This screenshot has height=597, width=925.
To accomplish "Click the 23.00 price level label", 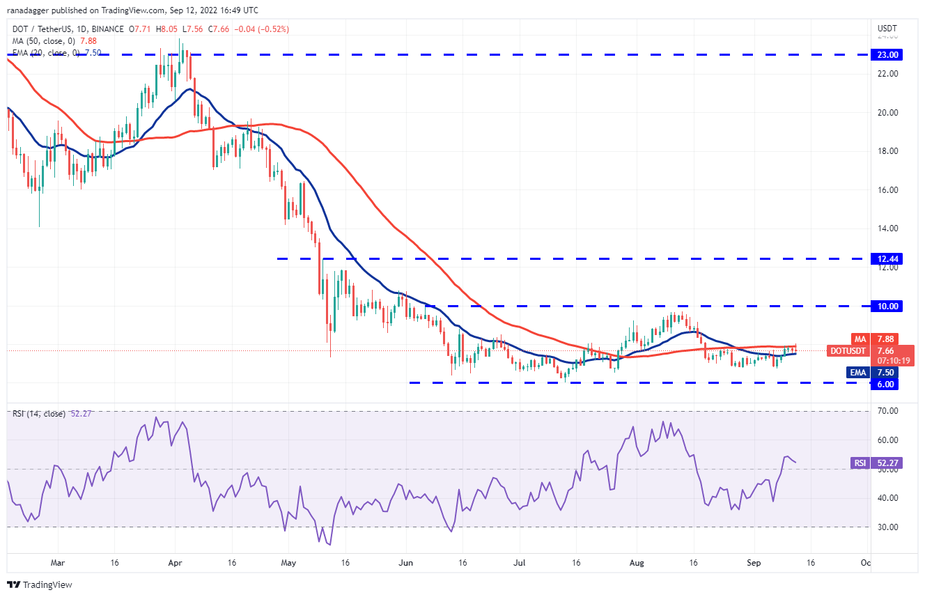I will [888, 54].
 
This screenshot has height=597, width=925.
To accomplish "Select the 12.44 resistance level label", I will [888, 258].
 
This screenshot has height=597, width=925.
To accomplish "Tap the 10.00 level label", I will [888, 306].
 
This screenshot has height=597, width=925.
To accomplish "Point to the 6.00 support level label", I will [888, 384].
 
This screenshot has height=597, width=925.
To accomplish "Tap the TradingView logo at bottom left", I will [40, 584].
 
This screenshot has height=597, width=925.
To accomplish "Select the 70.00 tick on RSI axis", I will [887, 411].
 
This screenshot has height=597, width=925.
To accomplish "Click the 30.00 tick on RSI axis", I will [887, 527].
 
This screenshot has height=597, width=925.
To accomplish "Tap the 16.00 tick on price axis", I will [887, 189].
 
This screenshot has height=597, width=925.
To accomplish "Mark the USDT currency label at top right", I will [887, 29].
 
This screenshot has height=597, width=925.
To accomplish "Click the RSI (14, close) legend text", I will [38, 414].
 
